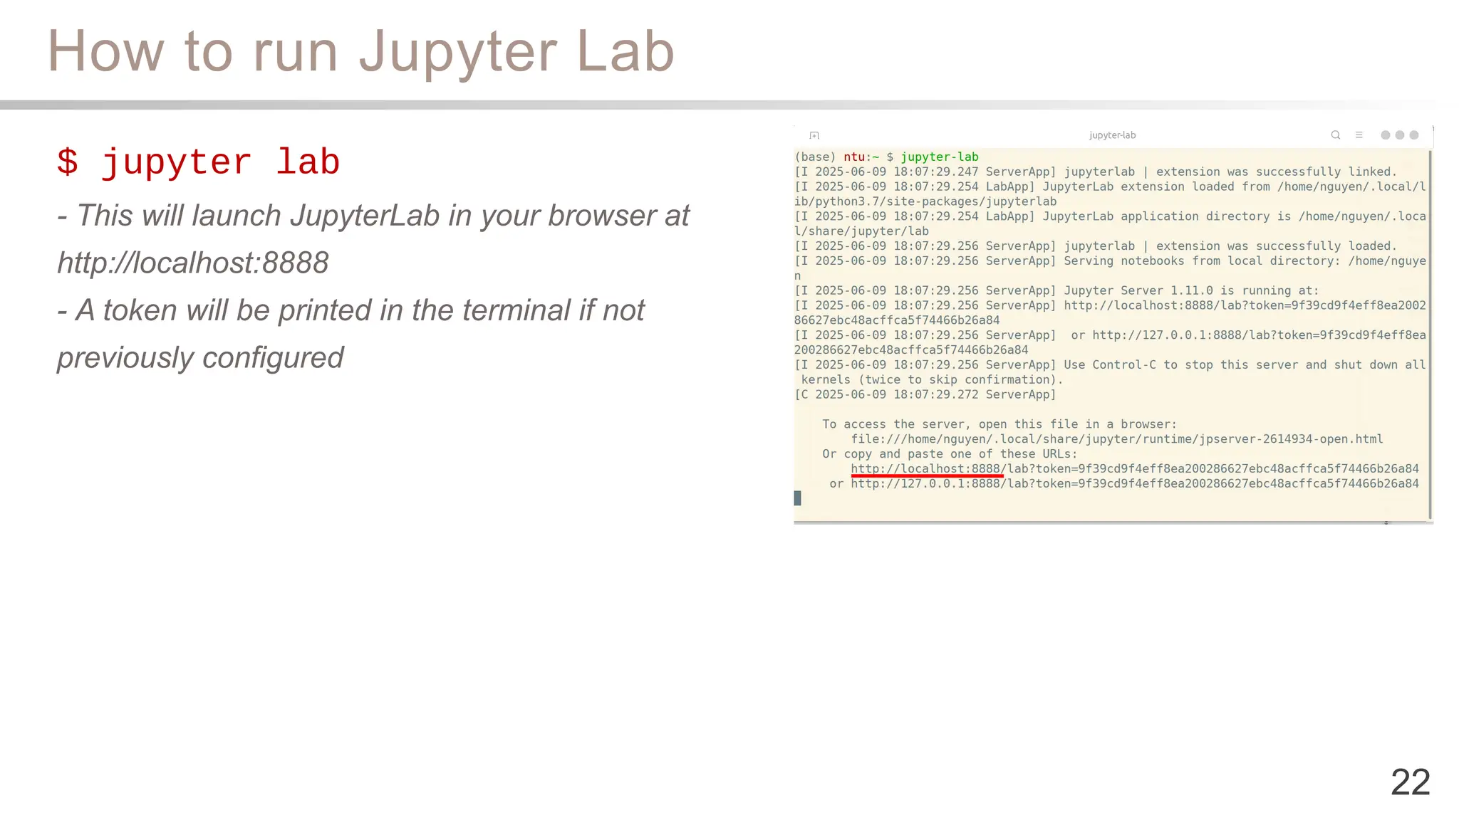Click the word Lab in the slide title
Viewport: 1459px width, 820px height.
(x=625, y=52)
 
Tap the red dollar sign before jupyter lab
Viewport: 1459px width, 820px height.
(x=68, y=162)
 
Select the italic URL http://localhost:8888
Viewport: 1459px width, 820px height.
(x=193, y=263)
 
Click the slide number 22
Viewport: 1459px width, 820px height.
(x=1410, y=782)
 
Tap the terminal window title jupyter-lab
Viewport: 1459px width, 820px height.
(x=1112, y=135)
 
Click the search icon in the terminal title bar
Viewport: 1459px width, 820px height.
(x=1336, y=135)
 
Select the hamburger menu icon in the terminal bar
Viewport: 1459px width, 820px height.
(x=1359, y=135)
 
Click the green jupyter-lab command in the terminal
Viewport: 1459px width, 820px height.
(x=939, y=157)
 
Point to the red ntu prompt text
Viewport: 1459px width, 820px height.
(x=854, y=157)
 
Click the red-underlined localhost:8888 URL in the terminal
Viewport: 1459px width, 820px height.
(x=926, y=468)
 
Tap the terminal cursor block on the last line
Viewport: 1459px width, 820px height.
(x=798, y=498)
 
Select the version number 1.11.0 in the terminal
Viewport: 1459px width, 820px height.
(x=1191, y=290)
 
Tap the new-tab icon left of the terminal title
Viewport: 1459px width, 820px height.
(x=814, y=135)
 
